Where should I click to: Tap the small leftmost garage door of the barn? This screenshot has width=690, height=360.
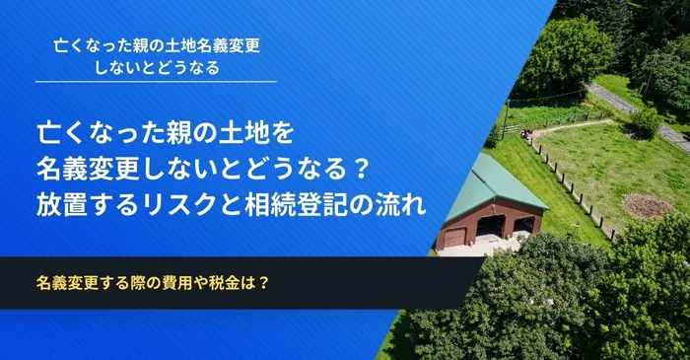coord(454,237)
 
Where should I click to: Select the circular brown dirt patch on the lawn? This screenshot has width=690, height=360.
coord(647,206)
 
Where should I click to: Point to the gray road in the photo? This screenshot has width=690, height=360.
coord(631,108)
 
